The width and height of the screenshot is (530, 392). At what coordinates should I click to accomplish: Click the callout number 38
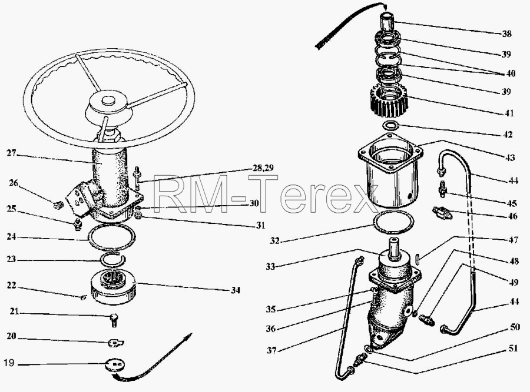pos(506,33)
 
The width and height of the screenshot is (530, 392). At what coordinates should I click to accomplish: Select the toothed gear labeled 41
pos(388,100)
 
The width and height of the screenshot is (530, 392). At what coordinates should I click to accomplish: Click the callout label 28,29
pos(263,167)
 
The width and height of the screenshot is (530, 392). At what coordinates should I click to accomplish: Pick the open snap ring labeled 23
pos(113,259)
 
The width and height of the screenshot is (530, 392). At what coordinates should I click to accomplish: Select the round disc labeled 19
pos(115,366)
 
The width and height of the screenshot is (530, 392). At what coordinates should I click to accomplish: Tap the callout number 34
pos(236,290)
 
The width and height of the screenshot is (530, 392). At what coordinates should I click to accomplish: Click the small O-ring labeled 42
pos(390,126)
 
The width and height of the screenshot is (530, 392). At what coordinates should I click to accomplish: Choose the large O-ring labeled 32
pos(393,222)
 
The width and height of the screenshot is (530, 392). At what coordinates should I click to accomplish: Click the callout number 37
pos(271,350)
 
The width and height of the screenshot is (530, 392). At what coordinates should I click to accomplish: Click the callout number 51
pos(513,348)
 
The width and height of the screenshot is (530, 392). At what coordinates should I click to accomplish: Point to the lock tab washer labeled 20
pos(116,343)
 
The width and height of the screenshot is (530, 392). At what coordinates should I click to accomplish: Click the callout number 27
pos(12,153)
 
